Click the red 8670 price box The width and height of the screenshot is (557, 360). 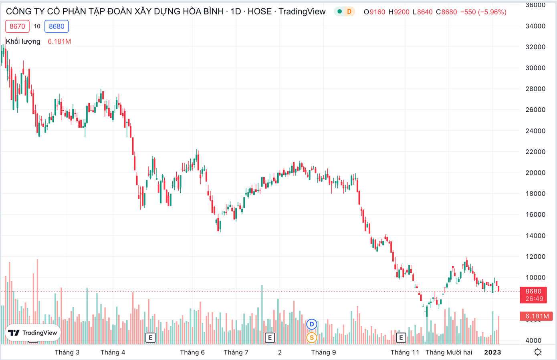tap(17, 26)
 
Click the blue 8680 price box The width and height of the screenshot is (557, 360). tap(57, 26)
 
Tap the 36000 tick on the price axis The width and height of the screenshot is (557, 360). tap(535, 5)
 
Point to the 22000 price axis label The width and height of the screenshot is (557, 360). tap(535, 152)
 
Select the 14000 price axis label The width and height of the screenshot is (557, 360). tap(535, 236)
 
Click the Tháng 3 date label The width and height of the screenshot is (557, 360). tap(67, 352)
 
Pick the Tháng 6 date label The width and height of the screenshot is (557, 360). tap(192, 352)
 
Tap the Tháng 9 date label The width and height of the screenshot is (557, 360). tap(323, 352)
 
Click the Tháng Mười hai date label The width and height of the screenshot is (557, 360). tap(449, 352)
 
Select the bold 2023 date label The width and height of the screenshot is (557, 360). tap(492, 352)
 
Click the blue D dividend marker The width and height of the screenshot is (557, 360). tap(312, 324)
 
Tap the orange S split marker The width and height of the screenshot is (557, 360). tap(312, 338)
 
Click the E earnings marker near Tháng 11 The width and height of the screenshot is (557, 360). tap(401, 338)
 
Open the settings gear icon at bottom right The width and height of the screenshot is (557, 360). tap(538, 352)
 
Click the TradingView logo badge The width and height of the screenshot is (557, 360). tap(33, 333)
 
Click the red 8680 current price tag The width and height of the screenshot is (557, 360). tap(534, 295)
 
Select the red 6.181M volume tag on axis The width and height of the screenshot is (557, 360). tap(537, 316)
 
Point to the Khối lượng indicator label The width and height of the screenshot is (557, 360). tap(23, 42)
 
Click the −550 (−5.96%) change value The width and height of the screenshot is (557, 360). tap(483, 12)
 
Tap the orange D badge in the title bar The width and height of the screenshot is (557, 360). tap(349, 12)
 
